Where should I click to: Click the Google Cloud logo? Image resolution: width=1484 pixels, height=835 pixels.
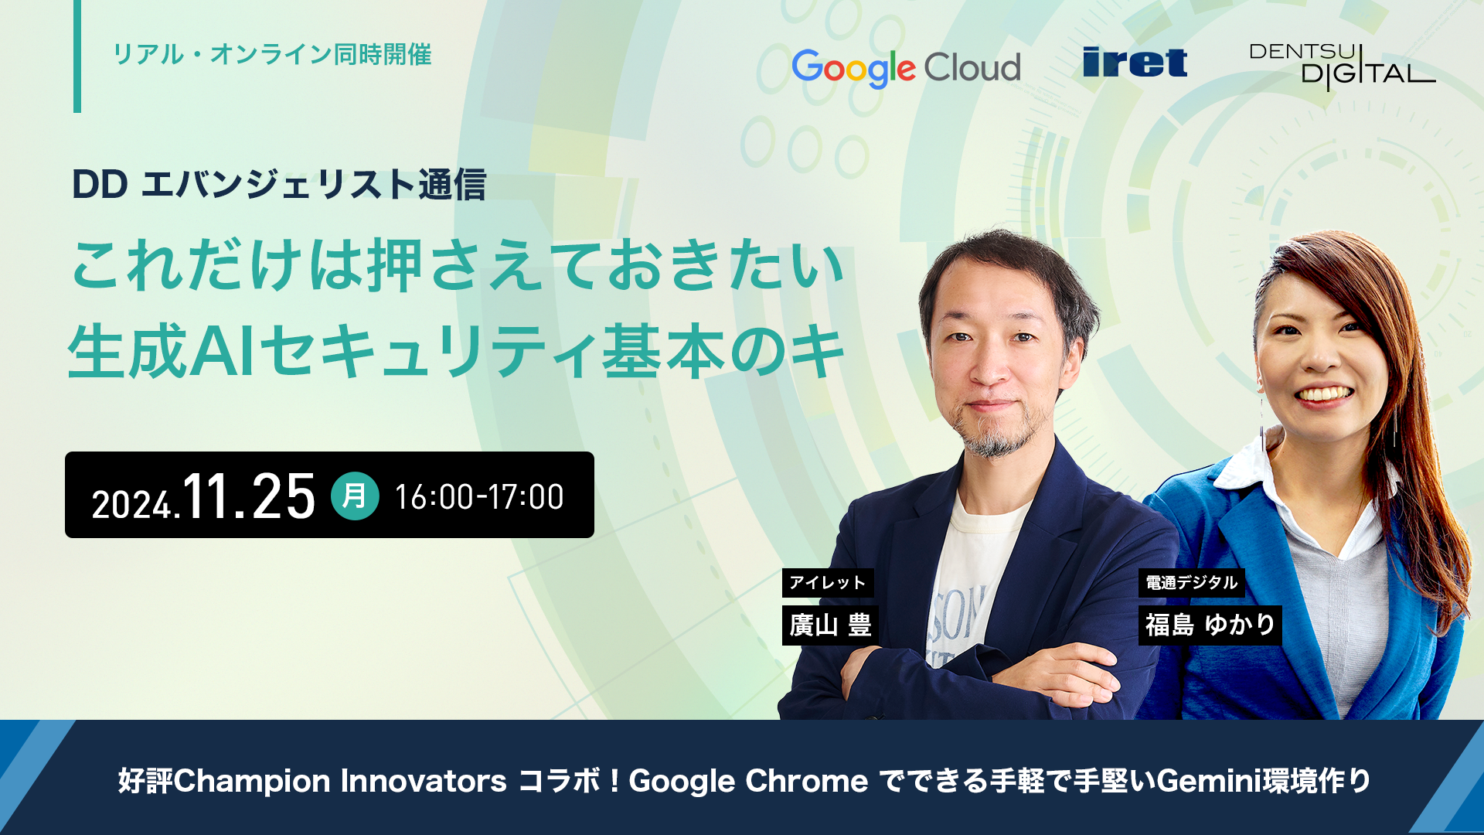click(x=906, y=68)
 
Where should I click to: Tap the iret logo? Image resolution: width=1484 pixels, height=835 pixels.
click(x=1135, y=63)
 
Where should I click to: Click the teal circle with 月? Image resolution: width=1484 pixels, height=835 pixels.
click(x=355, y=496)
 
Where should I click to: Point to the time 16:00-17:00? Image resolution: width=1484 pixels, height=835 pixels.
click(x=479, y=497)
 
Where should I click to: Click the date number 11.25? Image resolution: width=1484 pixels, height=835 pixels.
click(x=249, y=496)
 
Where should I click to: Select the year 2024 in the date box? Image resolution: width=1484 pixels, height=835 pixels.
click(x=132, y=505)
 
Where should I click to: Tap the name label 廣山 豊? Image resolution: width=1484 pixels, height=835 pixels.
click(x=830, y=625)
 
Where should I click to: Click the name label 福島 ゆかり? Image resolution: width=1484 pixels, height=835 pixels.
click(x=1210, y=625)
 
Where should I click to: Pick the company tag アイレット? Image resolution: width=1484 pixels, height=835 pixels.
click(x=828, y=583)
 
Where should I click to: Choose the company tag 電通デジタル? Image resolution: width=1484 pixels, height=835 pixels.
click(x=1192, y=583)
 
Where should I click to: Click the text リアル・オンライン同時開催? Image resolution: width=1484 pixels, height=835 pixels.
click(x=272, y=55)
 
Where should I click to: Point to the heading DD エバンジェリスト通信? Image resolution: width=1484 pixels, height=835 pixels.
click(x=279, y=185)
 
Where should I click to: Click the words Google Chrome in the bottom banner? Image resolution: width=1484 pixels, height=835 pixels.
click(x=748, y=781)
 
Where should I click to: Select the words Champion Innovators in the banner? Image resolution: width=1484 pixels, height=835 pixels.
click(x=340, y=781)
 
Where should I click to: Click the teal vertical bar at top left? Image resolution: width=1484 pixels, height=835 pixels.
click(x=77, y=56)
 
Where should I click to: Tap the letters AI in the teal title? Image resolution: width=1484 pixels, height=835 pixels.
click(x=223, y=352)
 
